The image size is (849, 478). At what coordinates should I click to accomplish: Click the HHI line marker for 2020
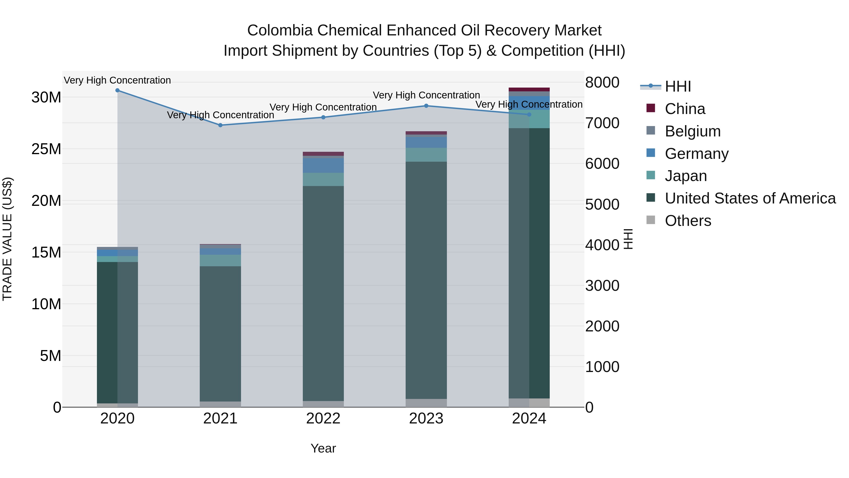pos(117,90)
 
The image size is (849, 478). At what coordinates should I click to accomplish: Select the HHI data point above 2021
pos(221,125)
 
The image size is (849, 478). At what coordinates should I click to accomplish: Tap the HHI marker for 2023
pos(426,106)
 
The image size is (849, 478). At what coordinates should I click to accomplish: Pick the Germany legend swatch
pos(651,153)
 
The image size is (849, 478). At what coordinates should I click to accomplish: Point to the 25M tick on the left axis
pos(46,149)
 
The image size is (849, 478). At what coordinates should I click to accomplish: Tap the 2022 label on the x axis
pos(323,419)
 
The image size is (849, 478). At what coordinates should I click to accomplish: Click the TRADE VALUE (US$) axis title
pos(7,239)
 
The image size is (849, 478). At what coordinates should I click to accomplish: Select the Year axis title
pos(323,448)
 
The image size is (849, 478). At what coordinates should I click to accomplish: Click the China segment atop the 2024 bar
pos(529,89)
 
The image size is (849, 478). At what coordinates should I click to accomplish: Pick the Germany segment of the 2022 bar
pos(323,165)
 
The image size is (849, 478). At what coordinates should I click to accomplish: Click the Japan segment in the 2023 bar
pos(426,155)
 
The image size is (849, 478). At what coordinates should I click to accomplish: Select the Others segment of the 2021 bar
pos(220,404)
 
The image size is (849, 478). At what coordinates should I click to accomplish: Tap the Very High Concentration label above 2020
pos(117,80)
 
